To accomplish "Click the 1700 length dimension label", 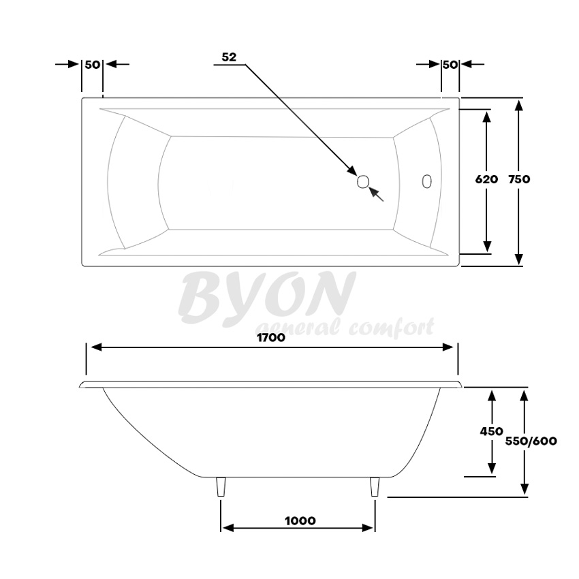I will point(271,337).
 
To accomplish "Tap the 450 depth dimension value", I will point(490,431).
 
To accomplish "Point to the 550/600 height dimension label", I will point(531,441).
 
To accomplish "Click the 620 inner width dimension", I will point(486,180).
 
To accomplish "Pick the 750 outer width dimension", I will point(518,180).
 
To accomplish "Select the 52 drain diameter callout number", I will point(228,57).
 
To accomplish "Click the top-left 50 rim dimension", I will point(93,64).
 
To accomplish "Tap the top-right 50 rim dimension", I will point(450,64).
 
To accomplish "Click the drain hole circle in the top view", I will point(363,181).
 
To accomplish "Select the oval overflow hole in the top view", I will point(426,181).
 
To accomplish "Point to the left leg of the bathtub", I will point(221,488).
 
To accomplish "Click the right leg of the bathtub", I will point(374,488).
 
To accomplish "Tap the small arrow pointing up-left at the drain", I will point(375,193).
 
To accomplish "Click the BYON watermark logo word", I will point(266,297).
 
